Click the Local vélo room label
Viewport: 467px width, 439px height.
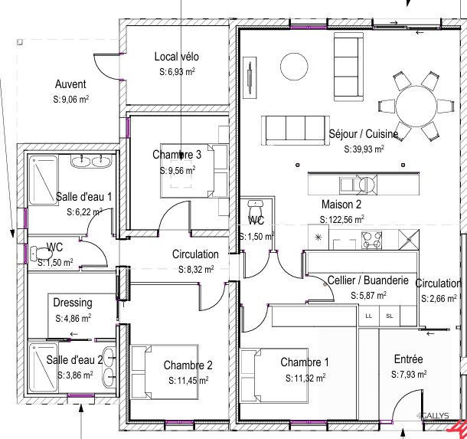pyautogui.click(x=177, y=57)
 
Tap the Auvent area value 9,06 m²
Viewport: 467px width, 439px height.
pyautogui.click(x=71, y=99)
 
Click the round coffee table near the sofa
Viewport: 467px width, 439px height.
pyautogui.click(x=292, y=64)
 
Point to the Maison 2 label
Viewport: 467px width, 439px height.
pyautogui.click(x=341, y=205)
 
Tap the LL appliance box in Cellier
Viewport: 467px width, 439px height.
pyautogui.click(x=369, y=315)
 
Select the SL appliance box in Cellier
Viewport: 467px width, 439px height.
pyautogui.click(x=389, y=315)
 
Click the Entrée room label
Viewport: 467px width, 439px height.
pyautogui.click(x=408, y=359)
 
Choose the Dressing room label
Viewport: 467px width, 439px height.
pyautogui.click(x=72, y=302)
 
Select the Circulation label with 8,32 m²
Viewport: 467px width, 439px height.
pyautogui.click(x=194, y=254)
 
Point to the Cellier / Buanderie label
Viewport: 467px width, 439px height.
pyautogui.click(x=373, y=280)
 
